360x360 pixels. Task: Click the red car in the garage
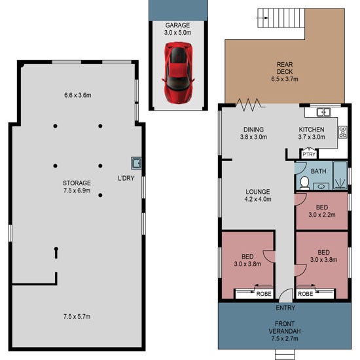[178, 72]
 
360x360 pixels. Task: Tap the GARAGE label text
[177, 26]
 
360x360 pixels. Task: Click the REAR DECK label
[285, 68]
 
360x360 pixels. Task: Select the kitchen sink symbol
[324, 113]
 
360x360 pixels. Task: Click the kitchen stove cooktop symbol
[342, 132]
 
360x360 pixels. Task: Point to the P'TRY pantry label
[309, 154]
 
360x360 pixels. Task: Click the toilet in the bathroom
[304, 183]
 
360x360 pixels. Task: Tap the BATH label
[319, 171]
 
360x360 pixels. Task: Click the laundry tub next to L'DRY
[136, 163]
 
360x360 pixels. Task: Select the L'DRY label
[126, 178]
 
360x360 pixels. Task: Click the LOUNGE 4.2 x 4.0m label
[258, 196]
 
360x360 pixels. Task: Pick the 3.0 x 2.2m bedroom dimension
[322, 215]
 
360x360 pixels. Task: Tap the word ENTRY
[285, 308]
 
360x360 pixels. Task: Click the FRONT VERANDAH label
[285, 328]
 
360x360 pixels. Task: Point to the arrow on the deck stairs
[262, 18]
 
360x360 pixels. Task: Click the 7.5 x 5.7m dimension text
[77, 317]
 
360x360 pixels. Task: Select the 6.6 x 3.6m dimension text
[78, 95]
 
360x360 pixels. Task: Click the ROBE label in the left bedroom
[264, 294]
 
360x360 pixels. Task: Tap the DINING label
[253, 130]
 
